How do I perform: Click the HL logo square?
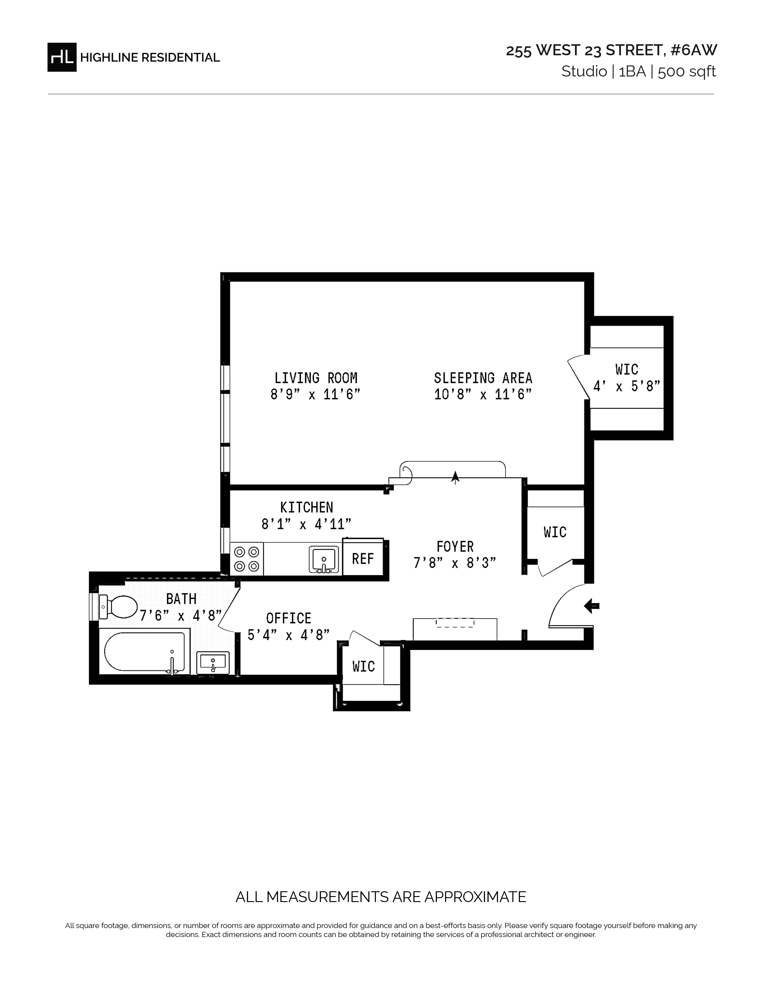(x=62, y=57)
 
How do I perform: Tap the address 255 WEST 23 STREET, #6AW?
(x=611, y=50)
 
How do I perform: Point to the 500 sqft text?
(x=687, y=72)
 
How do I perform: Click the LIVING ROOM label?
(x=316, y=378)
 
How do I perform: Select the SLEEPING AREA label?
(x=483, y=378)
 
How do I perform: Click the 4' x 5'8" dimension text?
(x=627, y=386)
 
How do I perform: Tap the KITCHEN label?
(x=307, y=507)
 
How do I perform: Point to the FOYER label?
(x=455, y=547)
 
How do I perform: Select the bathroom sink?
(x=213, y=662)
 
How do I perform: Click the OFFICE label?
(x=288, y=618)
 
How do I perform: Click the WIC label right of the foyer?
(x=555, y=532)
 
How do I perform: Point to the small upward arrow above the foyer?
(x=455, y=477)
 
